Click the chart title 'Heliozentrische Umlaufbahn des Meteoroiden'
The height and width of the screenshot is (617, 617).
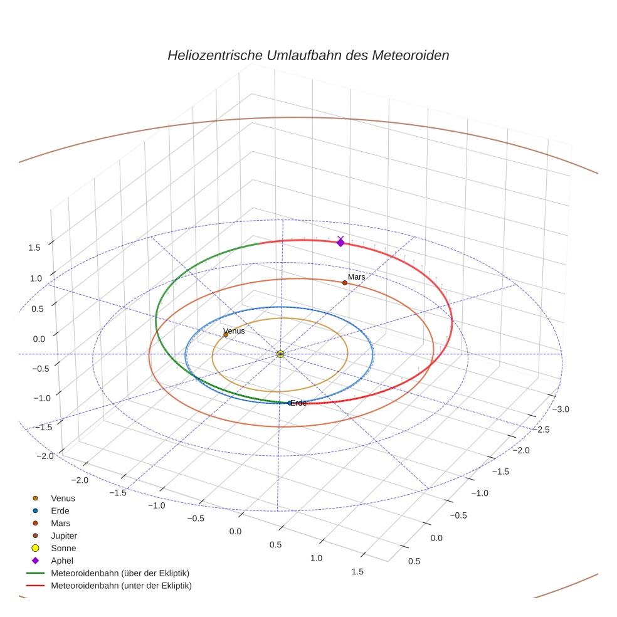(x=308, y=55)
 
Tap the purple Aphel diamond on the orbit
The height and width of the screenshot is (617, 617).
(x=340, y=242)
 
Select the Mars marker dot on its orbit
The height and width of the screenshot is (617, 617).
(x=345, y=283)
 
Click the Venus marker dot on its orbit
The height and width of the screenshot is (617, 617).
(x=226, y=335)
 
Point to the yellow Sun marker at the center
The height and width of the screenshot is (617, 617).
(x=280, y=354)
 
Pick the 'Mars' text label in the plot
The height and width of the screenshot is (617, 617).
(x=356, y=277)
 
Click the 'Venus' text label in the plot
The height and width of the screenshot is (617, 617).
(x=234, y=330)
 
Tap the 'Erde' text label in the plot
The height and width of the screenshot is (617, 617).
(x=299, y=403)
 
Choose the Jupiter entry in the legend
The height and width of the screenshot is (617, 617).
(x=64, y=535)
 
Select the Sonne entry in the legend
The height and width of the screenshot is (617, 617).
(x=63, y=548)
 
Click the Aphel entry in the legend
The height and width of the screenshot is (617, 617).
(x=61, y=561)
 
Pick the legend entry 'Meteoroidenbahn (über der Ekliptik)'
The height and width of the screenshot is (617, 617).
(x=120, y=573)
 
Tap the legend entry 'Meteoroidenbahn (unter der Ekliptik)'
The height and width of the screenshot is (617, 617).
(x=121, y=586)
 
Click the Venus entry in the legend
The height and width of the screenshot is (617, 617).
(x=63, y=498)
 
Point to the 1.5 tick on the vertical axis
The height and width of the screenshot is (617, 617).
(x=34, y=248)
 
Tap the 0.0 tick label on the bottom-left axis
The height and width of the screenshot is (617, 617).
(x=236, y=532)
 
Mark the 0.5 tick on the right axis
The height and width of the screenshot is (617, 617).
(x=414, y=561)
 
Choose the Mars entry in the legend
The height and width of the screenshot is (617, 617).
(x=60, y=523)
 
